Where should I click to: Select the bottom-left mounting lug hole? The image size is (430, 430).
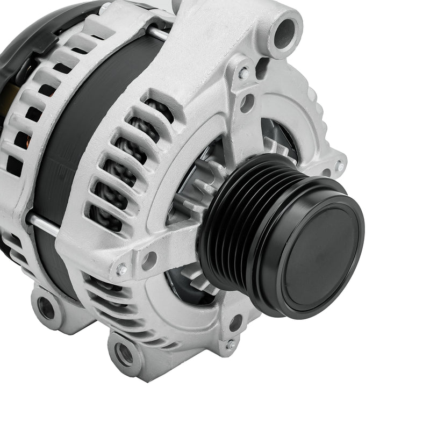coord(47,308)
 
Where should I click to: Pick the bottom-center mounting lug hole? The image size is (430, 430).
coord(124,354)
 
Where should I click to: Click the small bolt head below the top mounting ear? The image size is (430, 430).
coord(243,74)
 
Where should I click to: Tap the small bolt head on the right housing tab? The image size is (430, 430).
coord(340,167)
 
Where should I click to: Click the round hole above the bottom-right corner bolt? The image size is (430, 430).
coord(235,323)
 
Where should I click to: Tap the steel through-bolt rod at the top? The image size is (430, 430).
coord(157,33)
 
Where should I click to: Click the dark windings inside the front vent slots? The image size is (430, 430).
coord(116,177)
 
